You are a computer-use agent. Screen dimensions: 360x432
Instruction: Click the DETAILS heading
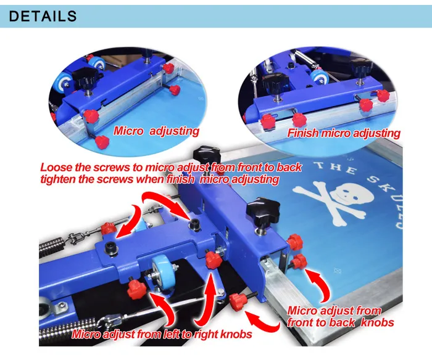43,15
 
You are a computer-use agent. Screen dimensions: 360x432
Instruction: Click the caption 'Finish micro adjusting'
344,133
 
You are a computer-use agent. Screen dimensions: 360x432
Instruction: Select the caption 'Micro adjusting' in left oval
156,131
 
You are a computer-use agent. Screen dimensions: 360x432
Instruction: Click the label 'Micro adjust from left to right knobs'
162,335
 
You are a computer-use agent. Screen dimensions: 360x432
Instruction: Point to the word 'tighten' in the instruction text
60,179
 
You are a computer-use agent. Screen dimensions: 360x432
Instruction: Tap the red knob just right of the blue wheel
214,259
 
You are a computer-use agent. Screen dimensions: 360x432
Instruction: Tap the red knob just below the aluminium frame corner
301,261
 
